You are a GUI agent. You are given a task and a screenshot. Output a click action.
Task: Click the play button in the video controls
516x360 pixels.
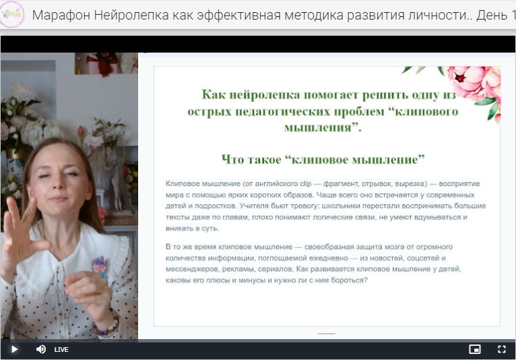13,349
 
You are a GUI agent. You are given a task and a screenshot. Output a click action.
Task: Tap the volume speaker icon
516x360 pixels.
40,349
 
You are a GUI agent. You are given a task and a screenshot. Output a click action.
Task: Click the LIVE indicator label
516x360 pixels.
61,349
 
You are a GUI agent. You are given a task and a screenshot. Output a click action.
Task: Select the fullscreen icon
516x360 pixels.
501,349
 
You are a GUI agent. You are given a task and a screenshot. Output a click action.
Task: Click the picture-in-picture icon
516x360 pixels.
475,349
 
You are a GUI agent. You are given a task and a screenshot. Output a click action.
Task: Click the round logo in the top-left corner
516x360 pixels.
13,14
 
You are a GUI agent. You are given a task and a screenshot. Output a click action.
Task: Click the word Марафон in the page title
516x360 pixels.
59,15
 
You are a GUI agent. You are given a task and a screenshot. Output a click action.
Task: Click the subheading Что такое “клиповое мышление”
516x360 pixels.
323,159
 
